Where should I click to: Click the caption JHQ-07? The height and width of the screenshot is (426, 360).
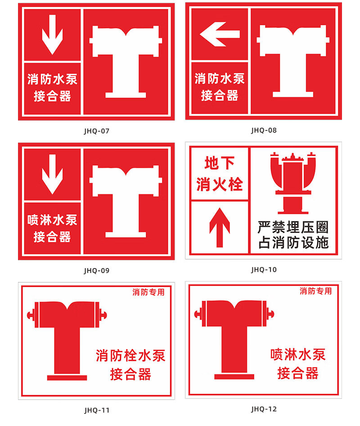96,131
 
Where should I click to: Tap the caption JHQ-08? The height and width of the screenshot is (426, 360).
264,130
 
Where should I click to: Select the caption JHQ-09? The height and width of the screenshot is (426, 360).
96,270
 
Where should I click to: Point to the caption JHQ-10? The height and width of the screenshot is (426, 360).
264,269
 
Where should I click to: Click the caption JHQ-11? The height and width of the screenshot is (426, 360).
97,410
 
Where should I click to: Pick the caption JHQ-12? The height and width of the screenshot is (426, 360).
264,409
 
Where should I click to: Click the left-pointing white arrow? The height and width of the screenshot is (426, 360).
220,34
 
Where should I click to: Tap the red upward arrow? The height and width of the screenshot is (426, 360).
220,228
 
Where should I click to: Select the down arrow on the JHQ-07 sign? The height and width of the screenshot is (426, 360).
53,35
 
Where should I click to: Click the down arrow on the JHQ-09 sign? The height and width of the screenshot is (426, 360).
53,174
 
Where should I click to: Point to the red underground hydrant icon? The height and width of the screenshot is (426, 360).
293,183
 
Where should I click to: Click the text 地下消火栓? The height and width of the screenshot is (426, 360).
220,174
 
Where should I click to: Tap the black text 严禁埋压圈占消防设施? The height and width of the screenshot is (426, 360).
293,235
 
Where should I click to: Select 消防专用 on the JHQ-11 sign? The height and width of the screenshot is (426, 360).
148,292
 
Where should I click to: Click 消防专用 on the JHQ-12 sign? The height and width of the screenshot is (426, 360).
315,291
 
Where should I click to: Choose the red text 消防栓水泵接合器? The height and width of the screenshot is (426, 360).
130,365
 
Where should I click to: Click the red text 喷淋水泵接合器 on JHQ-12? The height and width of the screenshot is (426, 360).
298,363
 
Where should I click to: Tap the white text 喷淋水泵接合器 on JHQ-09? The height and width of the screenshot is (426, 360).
52,228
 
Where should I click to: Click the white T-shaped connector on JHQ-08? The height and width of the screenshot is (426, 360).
293,61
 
